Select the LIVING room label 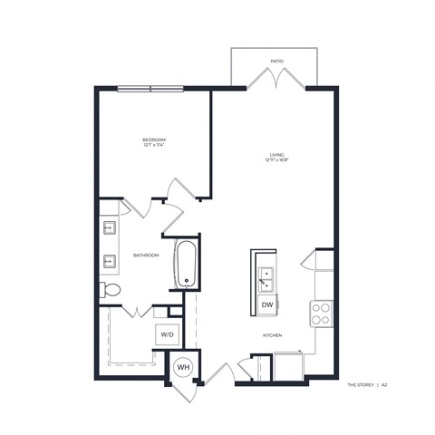(276, 155)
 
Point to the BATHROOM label (146, 256)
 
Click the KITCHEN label (273, 335)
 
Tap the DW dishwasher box (267, 305)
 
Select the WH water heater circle (181, 367)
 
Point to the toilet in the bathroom (109, 290)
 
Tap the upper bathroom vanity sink (109, 227)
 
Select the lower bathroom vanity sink (109, 261)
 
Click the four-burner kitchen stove (321, 313)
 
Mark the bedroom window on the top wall (150, 88)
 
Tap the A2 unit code (384, 385)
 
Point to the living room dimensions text (276, 161)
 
